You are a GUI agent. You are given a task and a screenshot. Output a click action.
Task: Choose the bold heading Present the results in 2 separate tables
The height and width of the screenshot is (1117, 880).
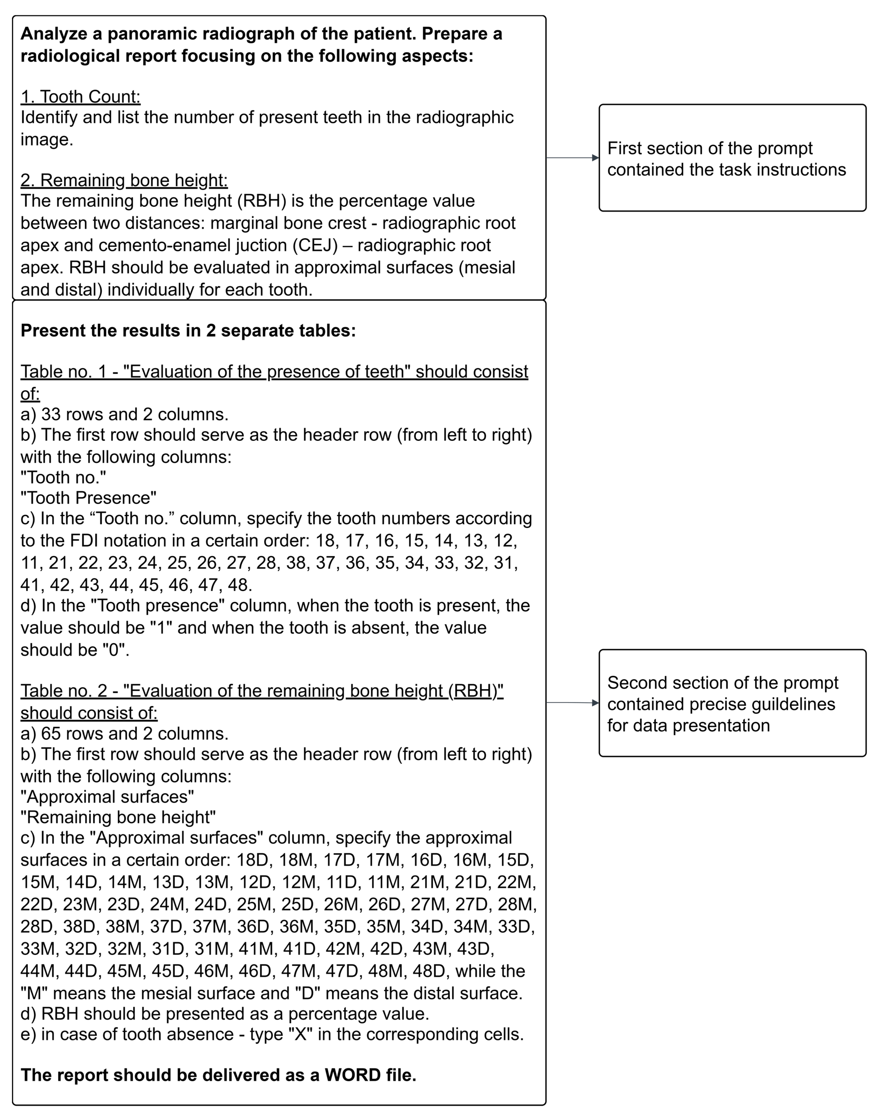(x=188, y=330)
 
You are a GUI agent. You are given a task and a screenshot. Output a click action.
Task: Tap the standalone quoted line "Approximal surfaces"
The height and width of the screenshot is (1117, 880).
(x=107, y=797)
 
